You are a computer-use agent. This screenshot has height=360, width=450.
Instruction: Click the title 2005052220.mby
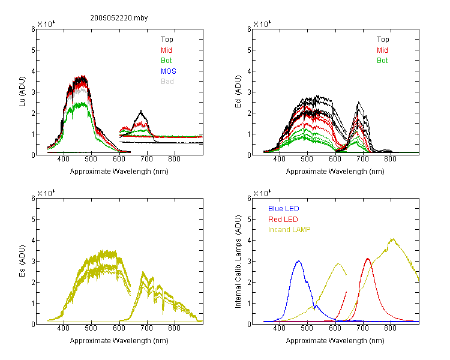pyautogui.click(x=119, y=18)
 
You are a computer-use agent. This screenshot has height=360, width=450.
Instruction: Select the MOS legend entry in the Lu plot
pyautogui.click(x=169, y=71)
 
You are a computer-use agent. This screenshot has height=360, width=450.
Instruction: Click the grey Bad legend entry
pyautogui.click(x=167, y=82)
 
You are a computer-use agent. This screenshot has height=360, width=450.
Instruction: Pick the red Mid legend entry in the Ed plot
pyautogui.click(x=382, y=50)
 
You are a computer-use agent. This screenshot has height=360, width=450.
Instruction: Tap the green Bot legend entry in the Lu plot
pyautogui.click(x=166, y=61)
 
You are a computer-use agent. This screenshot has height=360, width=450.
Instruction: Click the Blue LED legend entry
pyautogui.click(x=284, y=209)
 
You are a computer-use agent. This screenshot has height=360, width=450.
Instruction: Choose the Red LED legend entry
pyautogui.click(x=283, y=220)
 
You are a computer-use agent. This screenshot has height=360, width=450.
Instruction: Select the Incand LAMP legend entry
pyautogui.click(x=289, y=230)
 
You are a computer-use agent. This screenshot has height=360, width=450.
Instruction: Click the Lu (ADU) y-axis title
pyautogui.click(x=22, y=91)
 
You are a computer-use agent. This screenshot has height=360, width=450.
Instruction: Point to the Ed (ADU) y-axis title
pyautogui.click(x=238, y=91)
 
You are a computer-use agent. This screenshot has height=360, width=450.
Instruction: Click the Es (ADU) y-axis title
pyautogui.click(x=22, y=260)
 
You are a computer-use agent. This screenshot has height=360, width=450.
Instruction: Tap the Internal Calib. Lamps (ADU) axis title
pyautogui.click(x=238, y=261)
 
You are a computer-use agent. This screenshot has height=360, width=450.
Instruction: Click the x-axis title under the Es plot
pyautogui.click(x=119, y=341)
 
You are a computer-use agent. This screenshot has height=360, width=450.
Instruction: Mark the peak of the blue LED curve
pyautogui.click(x=298, y=261)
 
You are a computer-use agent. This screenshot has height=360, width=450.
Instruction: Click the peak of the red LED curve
pyautogui.click(x=368, y=259)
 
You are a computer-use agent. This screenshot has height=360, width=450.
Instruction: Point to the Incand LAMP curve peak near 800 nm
pyautogui.click(x=392, y=239)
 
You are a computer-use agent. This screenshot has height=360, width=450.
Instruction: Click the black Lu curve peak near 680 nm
pyautogui.click(x=141, y=110)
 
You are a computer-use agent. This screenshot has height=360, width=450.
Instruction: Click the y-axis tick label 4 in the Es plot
pyautogui.click(x=33, y=240)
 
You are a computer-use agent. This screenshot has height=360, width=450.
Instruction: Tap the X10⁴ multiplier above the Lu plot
pyautogui.click(x=46, y=24)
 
